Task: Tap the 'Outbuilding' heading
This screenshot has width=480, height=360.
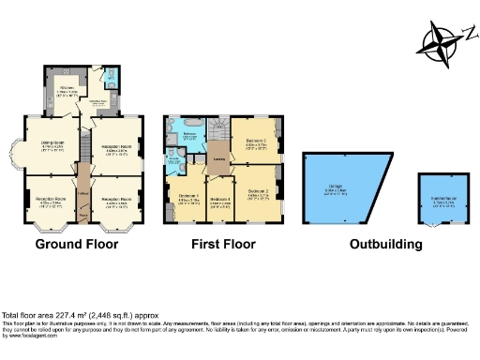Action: (x=386, y=245)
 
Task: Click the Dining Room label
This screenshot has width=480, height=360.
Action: (x=51, y=142)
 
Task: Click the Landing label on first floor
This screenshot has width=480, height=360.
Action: (x=217, y=157)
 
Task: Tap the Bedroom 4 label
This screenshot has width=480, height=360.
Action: (x=220, y=199)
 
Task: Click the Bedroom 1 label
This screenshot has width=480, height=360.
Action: (x=188, y=196)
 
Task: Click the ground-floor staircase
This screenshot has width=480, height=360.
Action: (x=81, y=150)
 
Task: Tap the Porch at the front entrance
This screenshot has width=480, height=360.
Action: (x=82, y=217)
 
